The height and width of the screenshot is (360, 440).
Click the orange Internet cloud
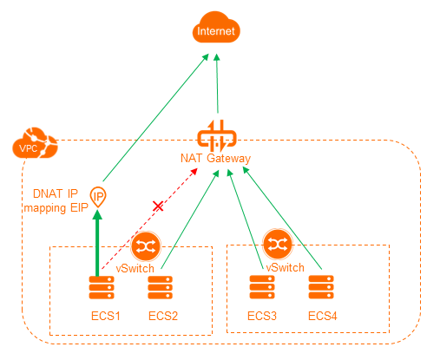(x=216, y=28)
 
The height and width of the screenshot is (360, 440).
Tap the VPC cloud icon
(x=35, y=143)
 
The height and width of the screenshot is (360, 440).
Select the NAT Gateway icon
(x=217, y=136)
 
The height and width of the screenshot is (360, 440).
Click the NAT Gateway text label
(x=215, y=159)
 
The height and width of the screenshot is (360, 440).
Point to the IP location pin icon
(x=98, y=197)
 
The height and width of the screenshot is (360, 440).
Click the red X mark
(x=158, y=206)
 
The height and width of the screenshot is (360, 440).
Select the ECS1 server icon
(x=102, y=287)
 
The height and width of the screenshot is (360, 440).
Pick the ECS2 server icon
(x=160, y=287)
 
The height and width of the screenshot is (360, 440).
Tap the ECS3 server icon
(x=262, y=287)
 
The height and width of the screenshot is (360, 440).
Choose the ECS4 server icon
(x=321, y=287)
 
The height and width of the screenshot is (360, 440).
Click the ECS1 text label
(x=106, y=316)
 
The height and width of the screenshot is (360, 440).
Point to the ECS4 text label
(x=323, y=316)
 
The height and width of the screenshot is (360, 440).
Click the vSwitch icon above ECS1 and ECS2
(x=146, y=246)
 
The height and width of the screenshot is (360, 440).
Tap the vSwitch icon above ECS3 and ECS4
(x=278, y=244)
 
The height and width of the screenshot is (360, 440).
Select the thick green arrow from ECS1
(x=97, y=244)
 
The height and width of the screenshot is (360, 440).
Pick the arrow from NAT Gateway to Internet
(x=217, y=83)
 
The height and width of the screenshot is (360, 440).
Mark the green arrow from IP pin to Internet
(x=155, y=118)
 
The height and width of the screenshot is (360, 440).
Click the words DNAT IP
(x=56, y=193)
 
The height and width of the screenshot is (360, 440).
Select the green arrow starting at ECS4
(x=282, y=218)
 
